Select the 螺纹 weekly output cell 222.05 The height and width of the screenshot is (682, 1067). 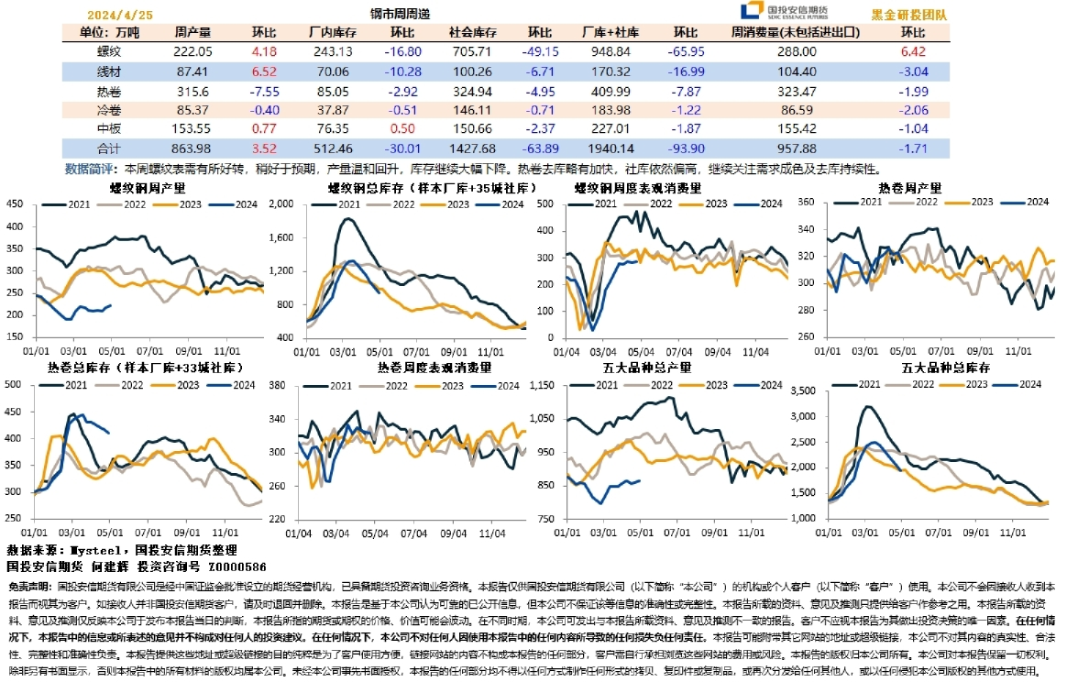tap(192, 51)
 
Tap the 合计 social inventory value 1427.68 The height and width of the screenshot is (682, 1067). tap(469, 148)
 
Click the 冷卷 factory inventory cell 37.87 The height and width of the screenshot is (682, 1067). tap(332, 110)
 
